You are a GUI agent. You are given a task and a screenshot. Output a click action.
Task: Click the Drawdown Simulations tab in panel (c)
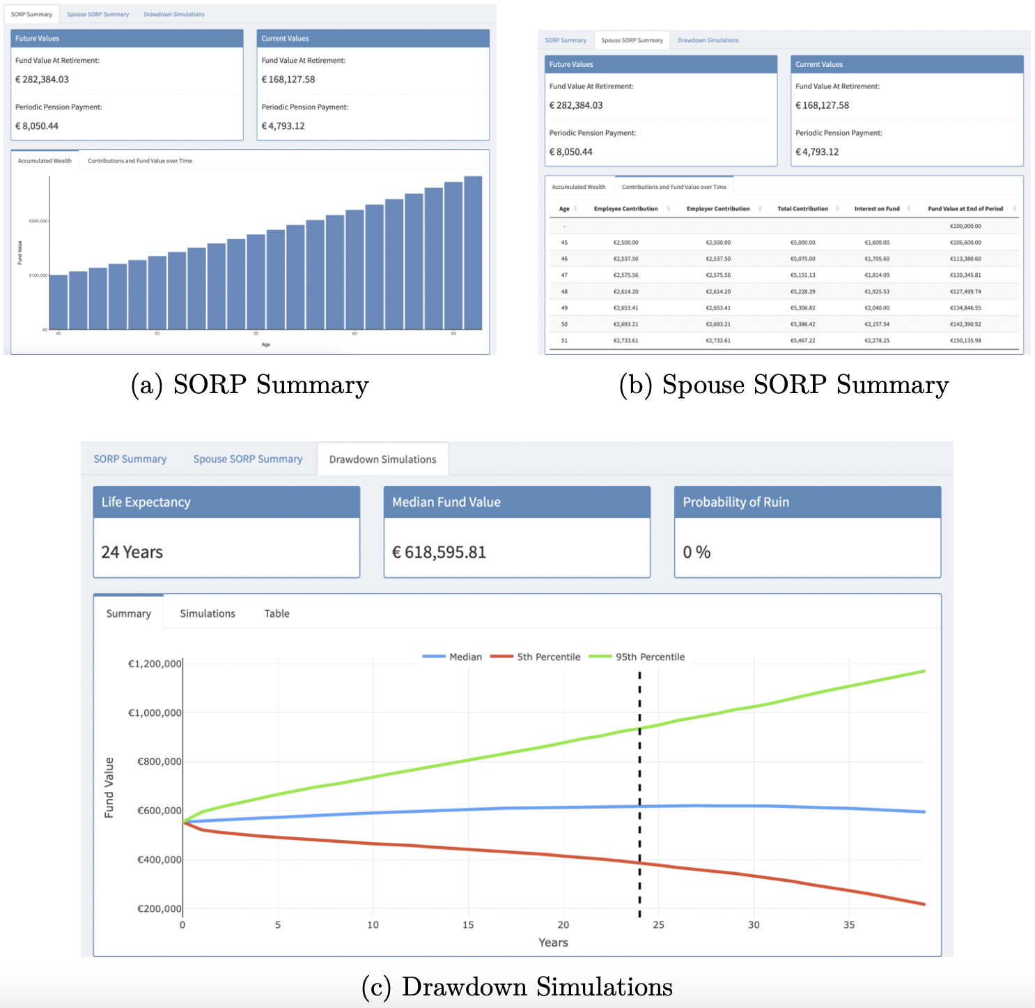pos(382,459)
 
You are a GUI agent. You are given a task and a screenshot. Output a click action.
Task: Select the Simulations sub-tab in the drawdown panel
pos(208,613)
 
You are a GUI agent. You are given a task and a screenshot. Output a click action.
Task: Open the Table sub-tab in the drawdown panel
pos(277,613)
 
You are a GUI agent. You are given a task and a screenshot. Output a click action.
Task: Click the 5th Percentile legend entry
pos(548,657)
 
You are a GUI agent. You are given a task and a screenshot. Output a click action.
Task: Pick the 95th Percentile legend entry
pos(650,657)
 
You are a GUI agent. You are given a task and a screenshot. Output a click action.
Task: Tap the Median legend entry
pos(465,657)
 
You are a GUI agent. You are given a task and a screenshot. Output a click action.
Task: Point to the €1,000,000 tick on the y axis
pos(155,712)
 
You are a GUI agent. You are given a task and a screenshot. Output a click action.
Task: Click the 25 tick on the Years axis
pos(658,925)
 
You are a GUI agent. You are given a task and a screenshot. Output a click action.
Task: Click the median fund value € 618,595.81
pos(439,552)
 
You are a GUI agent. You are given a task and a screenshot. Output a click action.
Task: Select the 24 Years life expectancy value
pos(132,552)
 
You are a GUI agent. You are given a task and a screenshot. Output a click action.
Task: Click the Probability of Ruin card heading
pos(736,502)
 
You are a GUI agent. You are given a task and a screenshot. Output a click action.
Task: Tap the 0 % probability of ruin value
pos(697,552)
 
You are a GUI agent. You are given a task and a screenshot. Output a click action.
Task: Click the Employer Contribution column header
pos(718,208)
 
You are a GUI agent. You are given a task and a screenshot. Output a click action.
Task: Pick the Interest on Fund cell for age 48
pos(877,291)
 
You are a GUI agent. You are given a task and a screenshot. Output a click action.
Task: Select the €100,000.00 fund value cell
pos(965,226)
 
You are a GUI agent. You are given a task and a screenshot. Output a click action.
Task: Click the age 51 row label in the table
pos(564,340)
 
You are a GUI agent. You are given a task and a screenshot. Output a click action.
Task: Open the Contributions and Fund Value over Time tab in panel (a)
pos(140,161)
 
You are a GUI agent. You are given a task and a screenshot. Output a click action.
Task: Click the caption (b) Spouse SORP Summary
pos(784,385)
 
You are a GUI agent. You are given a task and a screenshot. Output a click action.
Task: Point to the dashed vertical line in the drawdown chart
pos(639,795)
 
